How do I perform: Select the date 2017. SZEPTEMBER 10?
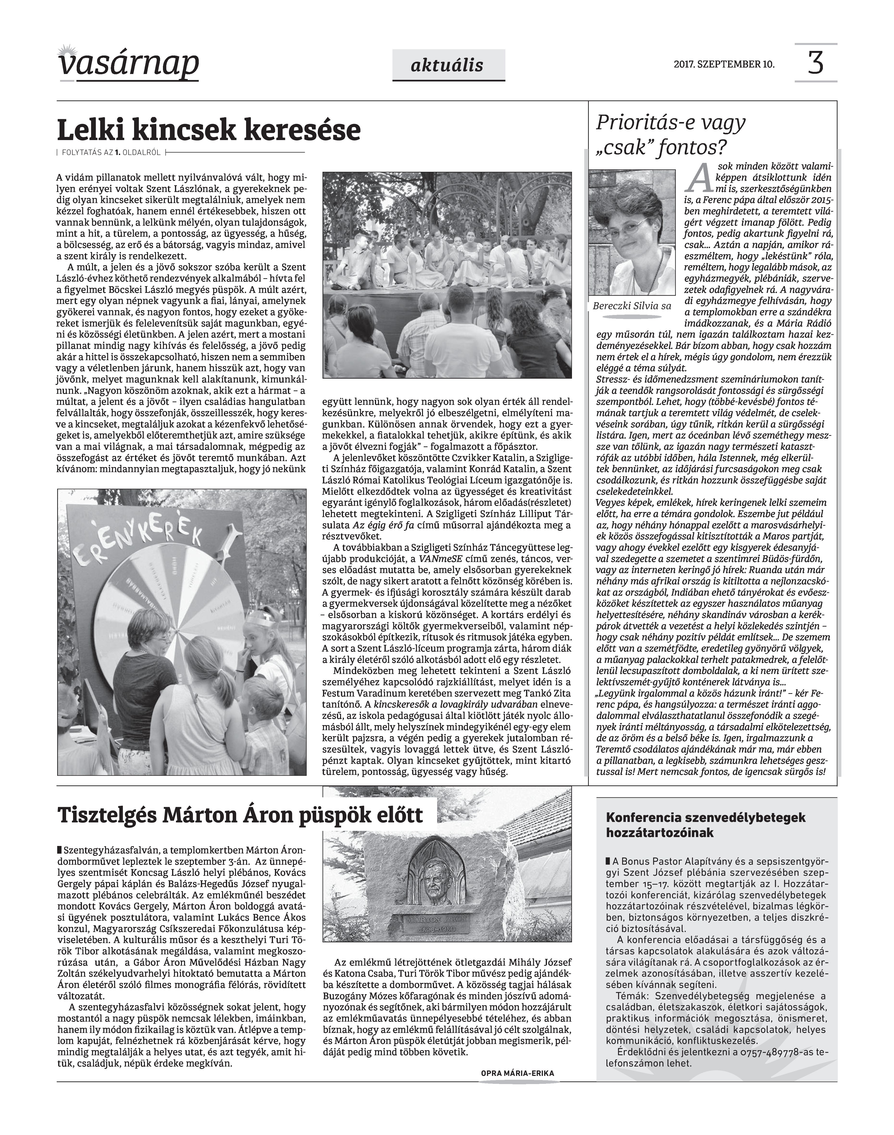724,65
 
